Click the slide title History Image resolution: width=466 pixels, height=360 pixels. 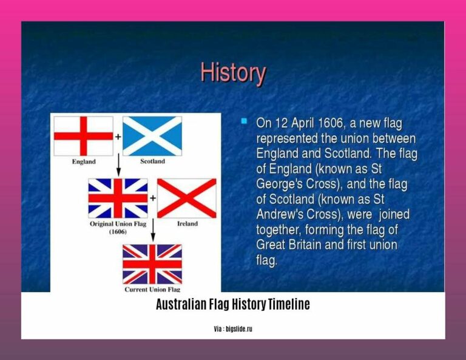pos(233,74)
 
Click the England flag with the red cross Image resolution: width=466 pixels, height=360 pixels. pos(83,135)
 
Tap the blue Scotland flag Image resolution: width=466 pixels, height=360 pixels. pos(152,135)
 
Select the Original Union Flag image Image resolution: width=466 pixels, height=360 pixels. pos(118,198)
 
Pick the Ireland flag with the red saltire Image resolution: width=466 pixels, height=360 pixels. pos(187,198)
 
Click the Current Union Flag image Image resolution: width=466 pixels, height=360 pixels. pos(152,264)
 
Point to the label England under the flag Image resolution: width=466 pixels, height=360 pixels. pos(83,162)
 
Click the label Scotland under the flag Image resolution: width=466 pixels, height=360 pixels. pos(152,162)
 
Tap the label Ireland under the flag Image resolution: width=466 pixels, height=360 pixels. pos(187,224)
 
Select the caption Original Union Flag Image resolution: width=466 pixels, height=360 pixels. pos(118,224)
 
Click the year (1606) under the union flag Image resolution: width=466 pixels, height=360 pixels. pos(118,232)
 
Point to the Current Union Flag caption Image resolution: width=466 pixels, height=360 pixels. pos(152,290)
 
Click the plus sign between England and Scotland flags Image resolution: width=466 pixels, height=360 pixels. pos(118,137)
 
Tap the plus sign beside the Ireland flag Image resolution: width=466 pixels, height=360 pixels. pos(152,198)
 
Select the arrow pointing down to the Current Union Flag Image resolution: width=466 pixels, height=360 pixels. pos(152,229)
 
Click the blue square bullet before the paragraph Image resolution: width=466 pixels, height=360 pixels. pos(244,121)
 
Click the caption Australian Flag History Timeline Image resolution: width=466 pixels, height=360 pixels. pos(233,305)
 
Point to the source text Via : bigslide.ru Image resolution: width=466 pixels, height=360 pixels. pos(233,328)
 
